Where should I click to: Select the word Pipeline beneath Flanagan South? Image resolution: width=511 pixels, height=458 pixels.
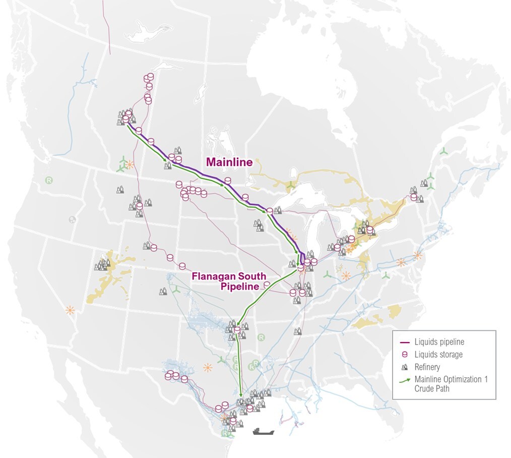240,287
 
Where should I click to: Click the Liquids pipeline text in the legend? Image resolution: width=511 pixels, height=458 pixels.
439,342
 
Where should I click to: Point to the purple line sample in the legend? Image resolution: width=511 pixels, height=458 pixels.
404,342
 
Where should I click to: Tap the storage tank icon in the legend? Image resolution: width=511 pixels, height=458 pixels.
404,355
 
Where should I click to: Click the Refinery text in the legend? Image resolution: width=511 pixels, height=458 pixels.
427,367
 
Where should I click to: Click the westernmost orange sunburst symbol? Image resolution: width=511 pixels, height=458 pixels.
70,310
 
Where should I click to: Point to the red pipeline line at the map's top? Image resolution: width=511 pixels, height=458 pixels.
106,25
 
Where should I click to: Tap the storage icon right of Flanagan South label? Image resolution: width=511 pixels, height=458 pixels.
267,285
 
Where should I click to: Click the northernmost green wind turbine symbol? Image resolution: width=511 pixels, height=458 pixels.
443,151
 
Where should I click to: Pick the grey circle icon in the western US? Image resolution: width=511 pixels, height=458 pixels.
73,219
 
